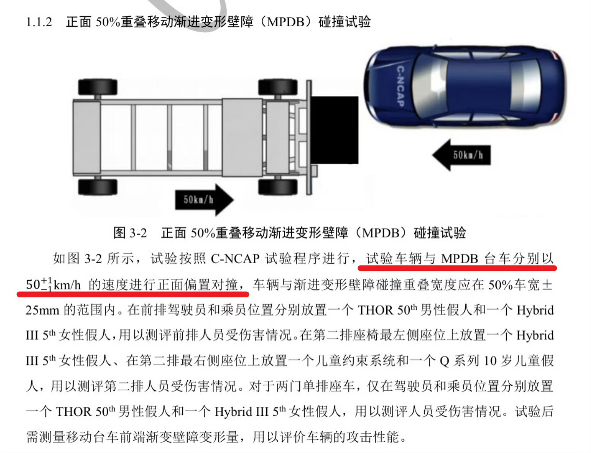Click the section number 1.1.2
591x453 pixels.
[39, 22]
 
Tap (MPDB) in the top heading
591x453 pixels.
[285, 22]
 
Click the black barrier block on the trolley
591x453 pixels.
[334, 130]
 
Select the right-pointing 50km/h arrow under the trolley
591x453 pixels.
[204, 200]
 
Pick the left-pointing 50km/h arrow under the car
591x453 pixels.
[461, 155]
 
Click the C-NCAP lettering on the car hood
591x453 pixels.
[400, 86]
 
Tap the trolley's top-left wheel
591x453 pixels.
[98, 87]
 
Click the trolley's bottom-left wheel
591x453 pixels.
[98, 187]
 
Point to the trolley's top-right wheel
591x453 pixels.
[278, 87]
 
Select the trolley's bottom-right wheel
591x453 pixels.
[278, 187]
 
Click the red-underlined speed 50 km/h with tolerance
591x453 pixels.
[53, 285]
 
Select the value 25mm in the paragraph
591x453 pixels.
[43, 310]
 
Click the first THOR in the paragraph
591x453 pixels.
[376, 310]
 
